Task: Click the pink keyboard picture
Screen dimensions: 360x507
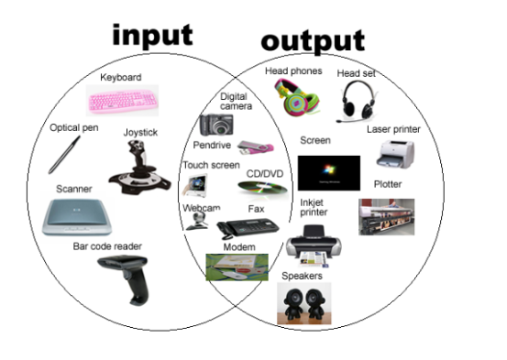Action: [x=123, y=98]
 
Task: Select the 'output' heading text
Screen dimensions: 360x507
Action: [x=312, y=41]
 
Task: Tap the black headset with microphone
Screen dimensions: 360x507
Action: [x=359, y=100]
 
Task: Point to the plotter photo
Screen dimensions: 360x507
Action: [x=386, y=217]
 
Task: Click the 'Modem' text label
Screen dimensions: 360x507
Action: [x=239, y=248]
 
